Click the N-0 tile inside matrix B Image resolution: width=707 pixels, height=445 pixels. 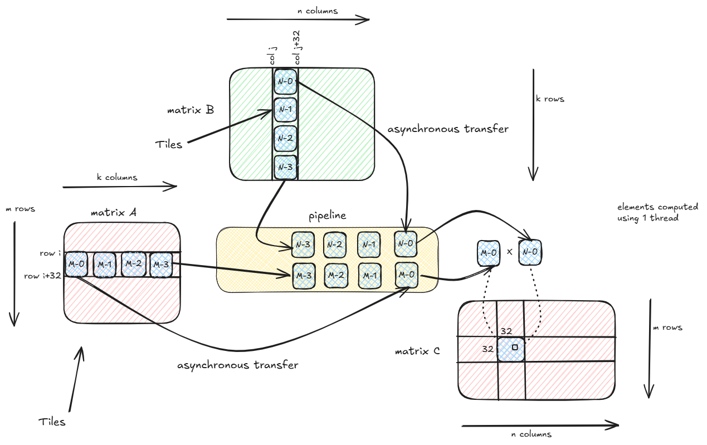pos(285,81)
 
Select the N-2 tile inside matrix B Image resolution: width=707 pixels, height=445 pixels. pos(285,138)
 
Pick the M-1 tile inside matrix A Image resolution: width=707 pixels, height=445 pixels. pos(105,264)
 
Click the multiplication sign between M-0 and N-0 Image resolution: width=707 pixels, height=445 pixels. pos(509,252)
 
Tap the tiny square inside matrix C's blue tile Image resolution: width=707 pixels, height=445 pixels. pos(514,348)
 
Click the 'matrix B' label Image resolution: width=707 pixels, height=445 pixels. pos(190,110)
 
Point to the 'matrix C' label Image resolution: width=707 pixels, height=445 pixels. pos(417,351)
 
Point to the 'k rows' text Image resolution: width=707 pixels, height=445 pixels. pos(549,99)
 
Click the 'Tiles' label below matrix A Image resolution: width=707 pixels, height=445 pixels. pos(52,422)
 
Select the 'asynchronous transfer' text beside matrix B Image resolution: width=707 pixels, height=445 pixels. pos(447,129)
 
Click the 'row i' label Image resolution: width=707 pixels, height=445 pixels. pos(50,254)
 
